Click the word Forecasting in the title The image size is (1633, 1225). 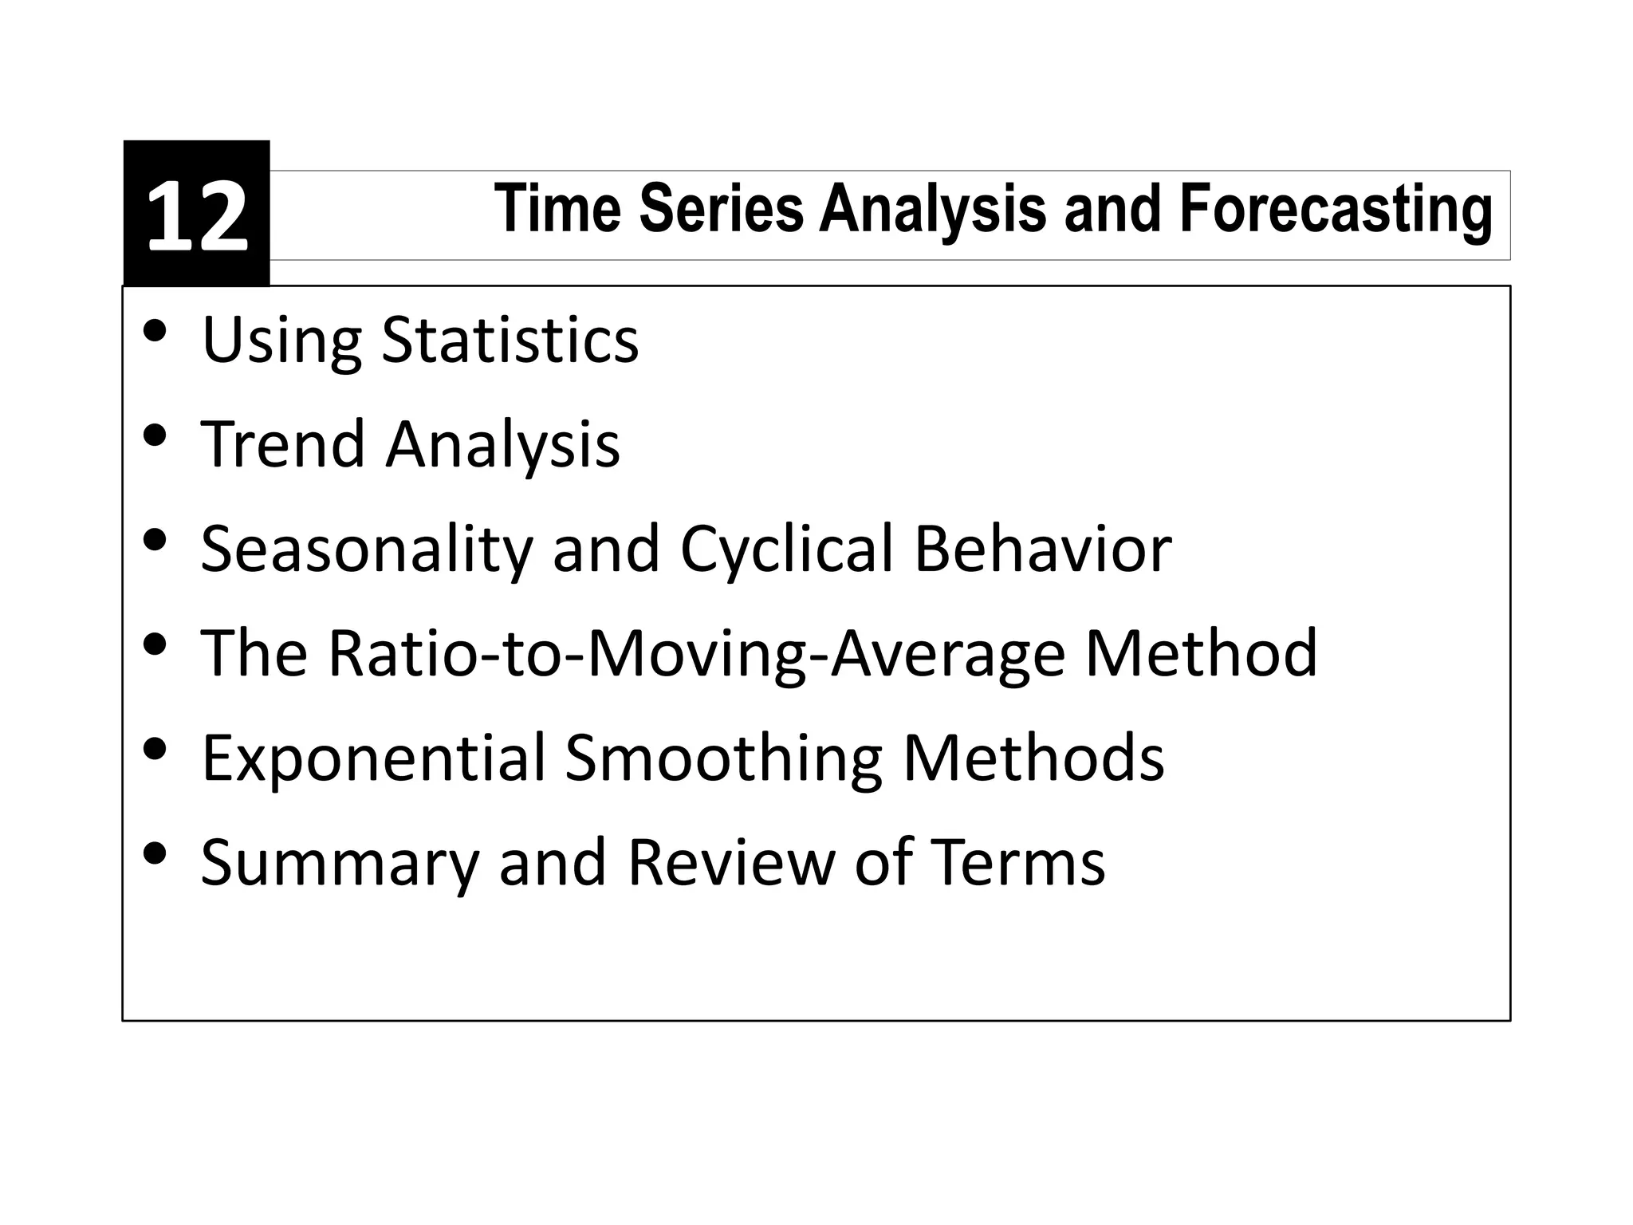[x=1336, y=210]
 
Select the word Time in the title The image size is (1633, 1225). [x=557, y=208]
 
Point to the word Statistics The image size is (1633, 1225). [x=510, y=341]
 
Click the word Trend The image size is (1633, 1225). [x=283, y=444]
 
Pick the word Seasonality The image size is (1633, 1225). [x=366, y=549]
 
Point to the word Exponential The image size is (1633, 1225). [x=374, y=758]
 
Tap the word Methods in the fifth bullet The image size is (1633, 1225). [x=1033, y=757]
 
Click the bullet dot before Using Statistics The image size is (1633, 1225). [x=155, y=330]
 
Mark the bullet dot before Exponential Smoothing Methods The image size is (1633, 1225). [x=155, y=748]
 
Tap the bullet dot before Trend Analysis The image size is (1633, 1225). [x=155, y=435]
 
